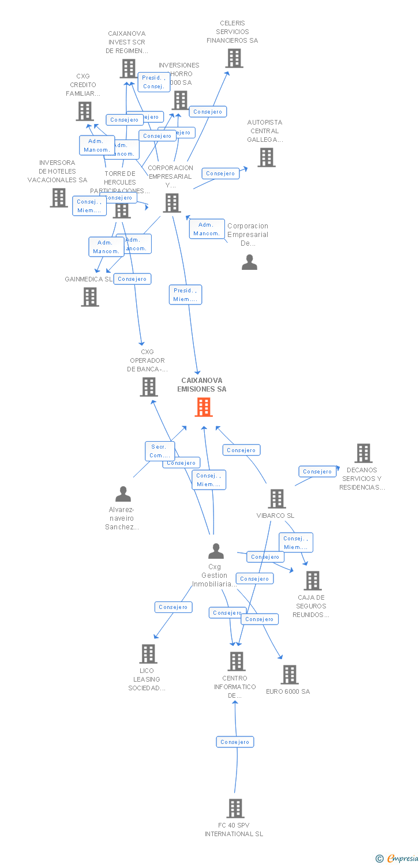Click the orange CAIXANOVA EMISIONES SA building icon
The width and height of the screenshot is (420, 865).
click(203, 407)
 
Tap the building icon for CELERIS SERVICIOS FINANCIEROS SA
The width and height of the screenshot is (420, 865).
click(234, 58)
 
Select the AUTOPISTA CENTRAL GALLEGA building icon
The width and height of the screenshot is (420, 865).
click(266, 157)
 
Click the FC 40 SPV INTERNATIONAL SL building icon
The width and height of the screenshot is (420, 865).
click(235, 808)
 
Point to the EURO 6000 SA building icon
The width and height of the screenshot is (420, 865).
click(289, 674)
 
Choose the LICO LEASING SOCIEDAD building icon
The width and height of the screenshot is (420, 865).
click(148, 654)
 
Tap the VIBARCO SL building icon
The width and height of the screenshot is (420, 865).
click(277, 499)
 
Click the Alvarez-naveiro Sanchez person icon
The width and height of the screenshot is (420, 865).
click(123, 494)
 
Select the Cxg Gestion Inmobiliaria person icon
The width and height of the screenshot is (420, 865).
click(216, 551)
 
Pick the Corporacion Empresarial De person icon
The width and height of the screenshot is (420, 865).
click(249, 262)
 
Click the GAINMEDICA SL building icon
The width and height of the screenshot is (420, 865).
click(90, 297)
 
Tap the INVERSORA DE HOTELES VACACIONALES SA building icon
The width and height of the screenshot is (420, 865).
click(58, 198)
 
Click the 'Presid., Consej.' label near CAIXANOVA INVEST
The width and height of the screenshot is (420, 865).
click(153, 82)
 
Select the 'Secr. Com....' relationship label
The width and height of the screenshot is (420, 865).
click(159, 451)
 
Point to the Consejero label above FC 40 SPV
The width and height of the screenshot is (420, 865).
click(235, 742)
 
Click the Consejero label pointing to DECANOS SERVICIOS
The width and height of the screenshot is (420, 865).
click(317, 472)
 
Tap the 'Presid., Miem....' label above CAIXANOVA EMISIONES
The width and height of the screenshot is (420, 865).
click(185, 295)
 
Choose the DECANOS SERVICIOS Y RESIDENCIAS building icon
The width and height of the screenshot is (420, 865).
click(363, 453)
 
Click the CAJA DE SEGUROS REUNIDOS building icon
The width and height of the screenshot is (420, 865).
click(313, 581)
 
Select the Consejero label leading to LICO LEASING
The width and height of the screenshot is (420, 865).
click(173, 607)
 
